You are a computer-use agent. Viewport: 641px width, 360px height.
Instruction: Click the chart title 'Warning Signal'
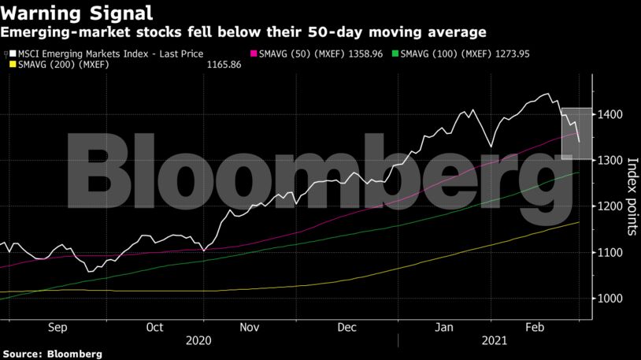[x=76, y=13]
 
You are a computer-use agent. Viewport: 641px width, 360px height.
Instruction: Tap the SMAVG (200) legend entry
[x=58, y=64]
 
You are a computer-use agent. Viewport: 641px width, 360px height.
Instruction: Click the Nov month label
[x=250, y=327]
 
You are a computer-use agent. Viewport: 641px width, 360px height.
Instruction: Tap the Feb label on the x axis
[x=536, y=327]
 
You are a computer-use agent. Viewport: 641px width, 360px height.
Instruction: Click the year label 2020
[x=198, y=342]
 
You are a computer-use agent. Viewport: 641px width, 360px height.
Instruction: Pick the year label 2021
[x=494, y=342]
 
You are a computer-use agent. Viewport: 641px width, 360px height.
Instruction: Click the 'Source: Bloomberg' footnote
[x=51, y=354]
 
